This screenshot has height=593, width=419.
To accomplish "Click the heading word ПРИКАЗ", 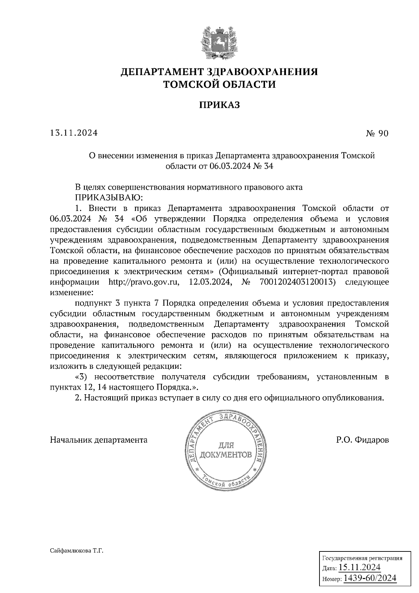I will pos(219,105).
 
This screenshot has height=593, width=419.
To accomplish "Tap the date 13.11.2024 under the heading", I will pos(74,133).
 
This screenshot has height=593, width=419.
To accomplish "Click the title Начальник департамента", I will pos(99,440).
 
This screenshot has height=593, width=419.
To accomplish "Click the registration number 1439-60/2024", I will pos(370,578).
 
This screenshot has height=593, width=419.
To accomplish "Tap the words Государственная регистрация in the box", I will pos(362,558).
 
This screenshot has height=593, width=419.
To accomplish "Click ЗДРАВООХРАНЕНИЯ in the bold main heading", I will pos(262,72).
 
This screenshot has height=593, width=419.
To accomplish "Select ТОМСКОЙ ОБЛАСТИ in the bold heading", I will pos(219,85).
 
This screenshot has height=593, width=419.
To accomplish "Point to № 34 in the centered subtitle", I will pos(263,166).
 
